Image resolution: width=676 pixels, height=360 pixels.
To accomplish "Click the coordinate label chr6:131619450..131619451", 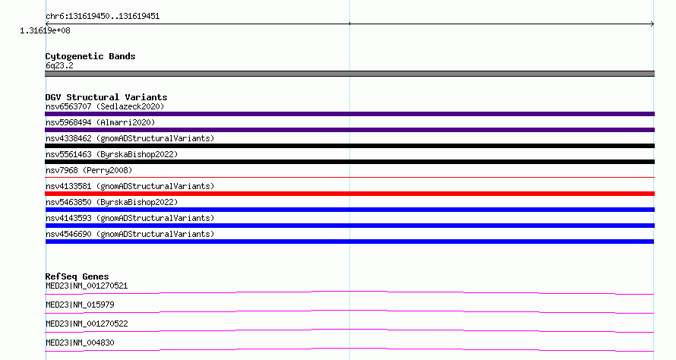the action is tap(103, 17).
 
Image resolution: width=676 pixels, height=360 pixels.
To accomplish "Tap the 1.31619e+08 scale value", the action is tap(45, 30).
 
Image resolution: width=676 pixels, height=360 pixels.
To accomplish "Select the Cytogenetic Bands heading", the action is tap(90, 56).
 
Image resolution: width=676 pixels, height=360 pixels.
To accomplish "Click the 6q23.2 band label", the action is tap(59, 65).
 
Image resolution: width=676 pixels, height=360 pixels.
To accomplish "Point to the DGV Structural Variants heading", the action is tap(106, 97).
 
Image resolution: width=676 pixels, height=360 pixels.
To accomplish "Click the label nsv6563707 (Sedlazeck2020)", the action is tap(105, 106).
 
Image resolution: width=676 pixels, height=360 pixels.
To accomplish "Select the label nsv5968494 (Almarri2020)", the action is tap(100, 122).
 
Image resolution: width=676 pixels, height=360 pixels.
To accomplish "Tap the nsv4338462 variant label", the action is tap(130, 138).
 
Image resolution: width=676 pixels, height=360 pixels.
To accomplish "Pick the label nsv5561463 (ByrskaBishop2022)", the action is tap(112, 154).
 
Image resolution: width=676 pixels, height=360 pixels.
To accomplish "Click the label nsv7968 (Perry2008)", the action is tap(89, 170).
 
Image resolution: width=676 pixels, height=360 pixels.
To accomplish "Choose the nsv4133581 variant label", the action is tap(130, 186).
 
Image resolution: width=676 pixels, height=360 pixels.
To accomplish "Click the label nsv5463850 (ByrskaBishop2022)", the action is tap(112, 202).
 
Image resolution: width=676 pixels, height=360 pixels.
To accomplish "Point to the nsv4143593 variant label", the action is tap(130, 218).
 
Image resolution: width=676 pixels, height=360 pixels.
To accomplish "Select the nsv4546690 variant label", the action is tap(130, 234).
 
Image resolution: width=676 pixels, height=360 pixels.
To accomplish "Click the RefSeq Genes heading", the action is tap(77, 276).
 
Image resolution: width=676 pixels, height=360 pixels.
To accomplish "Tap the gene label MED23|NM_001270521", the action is tap(87, 286).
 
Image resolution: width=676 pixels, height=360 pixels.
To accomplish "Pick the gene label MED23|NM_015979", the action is tap(80, 305).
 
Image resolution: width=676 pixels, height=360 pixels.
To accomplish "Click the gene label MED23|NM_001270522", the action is tap(87, 324).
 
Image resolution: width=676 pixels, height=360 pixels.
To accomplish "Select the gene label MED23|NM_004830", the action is tap(80, 343).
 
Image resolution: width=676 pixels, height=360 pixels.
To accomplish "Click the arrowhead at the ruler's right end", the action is tap(652, 24).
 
